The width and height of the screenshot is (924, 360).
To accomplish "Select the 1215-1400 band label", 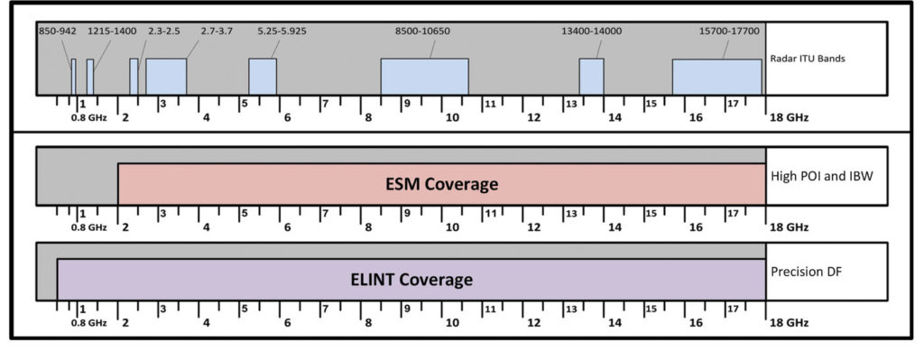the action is (112, 31).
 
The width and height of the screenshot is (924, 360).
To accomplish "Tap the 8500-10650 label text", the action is (423, 31).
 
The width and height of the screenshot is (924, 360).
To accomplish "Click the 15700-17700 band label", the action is (729, 31).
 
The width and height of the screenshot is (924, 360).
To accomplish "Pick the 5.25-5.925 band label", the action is (281, 31).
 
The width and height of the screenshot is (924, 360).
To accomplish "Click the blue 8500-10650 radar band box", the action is (424, 77).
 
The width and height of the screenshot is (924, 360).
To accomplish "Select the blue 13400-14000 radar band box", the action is (591, 77).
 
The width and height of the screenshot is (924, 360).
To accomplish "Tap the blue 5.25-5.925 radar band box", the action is (263, 77).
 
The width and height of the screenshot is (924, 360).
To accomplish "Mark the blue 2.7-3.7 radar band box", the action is (166, 77).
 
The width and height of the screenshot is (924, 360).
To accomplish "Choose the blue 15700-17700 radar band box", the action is (716, 78).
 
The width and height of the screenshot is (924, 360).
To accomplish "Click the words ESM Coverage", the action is (441, 185).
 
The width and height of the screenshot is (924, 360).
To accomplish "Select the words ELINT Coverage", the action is (411, 280).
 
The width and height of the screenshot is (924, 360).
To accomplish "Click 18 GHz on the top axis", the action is (789, 117).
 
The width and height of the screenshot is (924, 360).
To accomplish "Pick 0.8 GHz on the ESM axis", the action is (89, 227).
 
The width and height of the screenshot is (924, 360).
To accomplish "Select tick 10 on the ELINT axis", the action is (451, 322).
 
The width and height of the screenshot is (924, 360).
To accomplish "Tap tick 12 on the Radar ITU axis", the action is (534, 117).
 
